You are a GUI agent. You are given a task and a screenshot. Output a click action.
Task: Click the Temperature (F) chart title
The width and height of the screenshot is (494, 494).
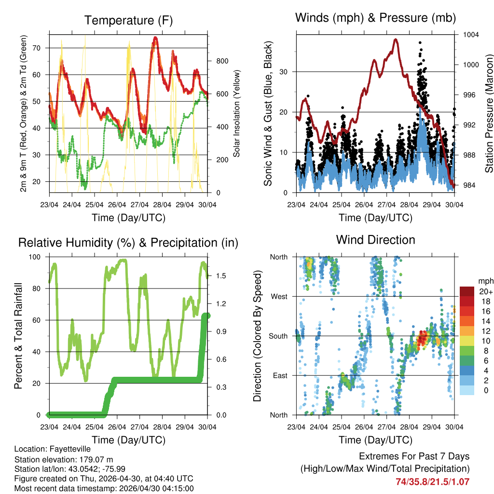(x=128, y=20)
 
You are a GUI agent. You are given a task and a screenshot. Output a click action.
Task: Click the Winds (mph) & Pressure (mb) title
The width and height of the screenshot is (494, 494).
(x=375, y=18)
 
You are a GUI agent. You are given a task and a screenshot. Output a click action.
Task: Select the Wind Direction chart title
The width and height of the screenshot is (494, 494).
(x=375, y=240)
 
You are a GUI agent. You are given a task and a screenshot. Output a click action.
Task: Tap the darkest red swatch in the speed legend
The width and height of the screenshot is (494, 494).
(x=467, y=291)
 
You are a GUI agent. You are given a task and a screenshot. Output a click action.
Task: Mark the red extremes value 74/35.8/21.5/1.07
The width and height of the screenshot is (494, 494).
(x=432, y=481)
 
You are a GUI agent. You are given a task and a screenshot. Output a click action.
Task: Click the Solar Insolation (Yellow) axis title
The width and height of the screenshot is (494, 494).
(x=236, y=113)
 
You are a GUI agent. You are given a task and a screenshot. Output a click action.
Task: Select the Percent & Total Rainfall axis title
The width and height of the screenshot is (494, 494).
(x=18, y=336)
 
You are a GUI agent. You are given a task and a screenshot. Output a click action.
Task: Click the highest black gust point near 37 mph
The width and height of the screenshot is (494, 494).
(x=420, y=43)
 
